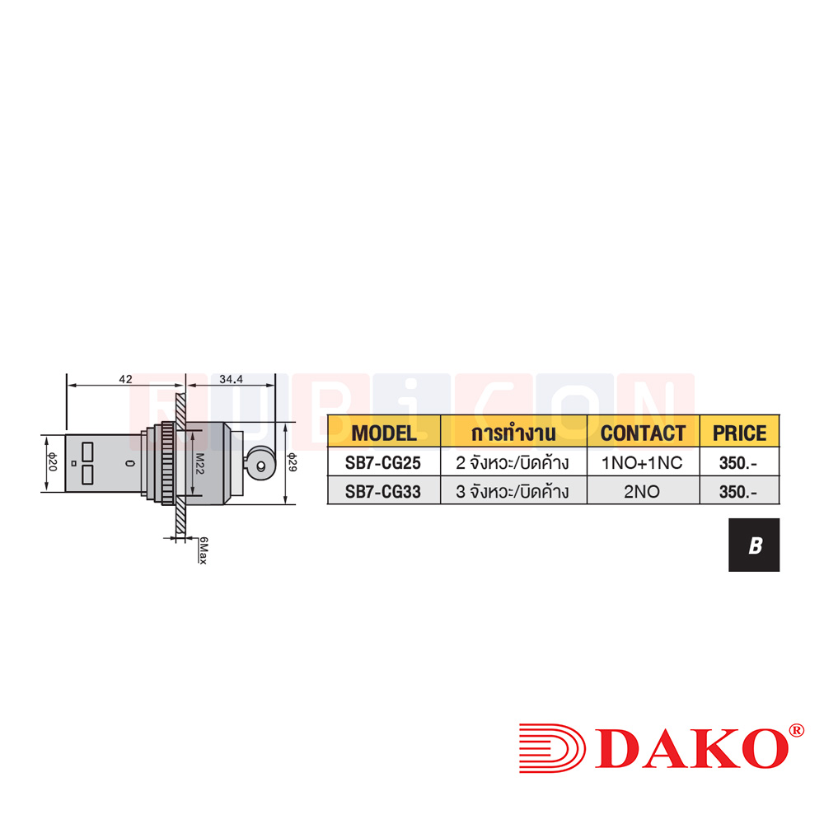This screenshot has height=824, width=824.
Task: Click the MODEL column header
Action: (x=384, y=433)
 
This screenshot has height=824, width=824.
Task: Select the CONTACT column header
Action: (x=643, y=433)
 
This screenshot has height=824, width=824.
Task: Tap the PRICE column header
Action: (x=739, y=433)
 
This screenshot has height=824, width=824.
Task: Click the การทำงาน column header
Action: (x=513, y=433)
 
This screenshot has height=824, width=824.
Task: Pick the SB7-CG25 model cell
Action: (x=384, y=463)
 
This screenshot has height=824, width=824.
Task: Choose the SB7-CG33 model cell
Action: (x=384, y=492)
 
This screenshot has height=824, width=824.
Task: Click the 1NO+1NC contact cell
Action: (x=643, y=463)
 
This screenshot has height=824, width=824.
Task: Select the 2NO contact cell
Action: (x=643, y=492)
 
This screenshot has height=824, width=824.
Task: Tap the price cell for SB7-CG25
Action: (x=738, y=463)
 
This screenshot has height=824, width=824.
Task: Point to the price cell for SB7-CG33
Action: (x=738, y=492)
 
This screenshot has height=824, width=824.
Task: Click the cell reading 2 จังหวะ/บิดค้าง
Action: (x=513, y=463)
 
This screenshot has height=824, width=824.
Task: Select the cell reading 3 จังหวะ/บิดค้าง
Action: (x=513, y=492)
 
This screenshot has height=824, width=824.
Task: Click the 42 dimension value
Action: (x=124, y=379)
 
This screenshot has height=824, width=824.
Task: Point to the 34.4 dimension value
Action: (x=232, y=379)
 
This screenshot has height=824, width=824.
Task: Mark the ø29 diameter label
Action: (x=292, y=463)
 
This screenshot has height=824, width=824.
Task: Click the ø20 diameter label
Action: (x=51, y=462)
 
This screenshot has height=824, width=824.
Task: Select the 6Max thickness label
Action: (x=202, y=549)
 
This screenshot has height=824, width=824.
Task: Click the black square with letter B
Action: (x=753, y=545)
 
